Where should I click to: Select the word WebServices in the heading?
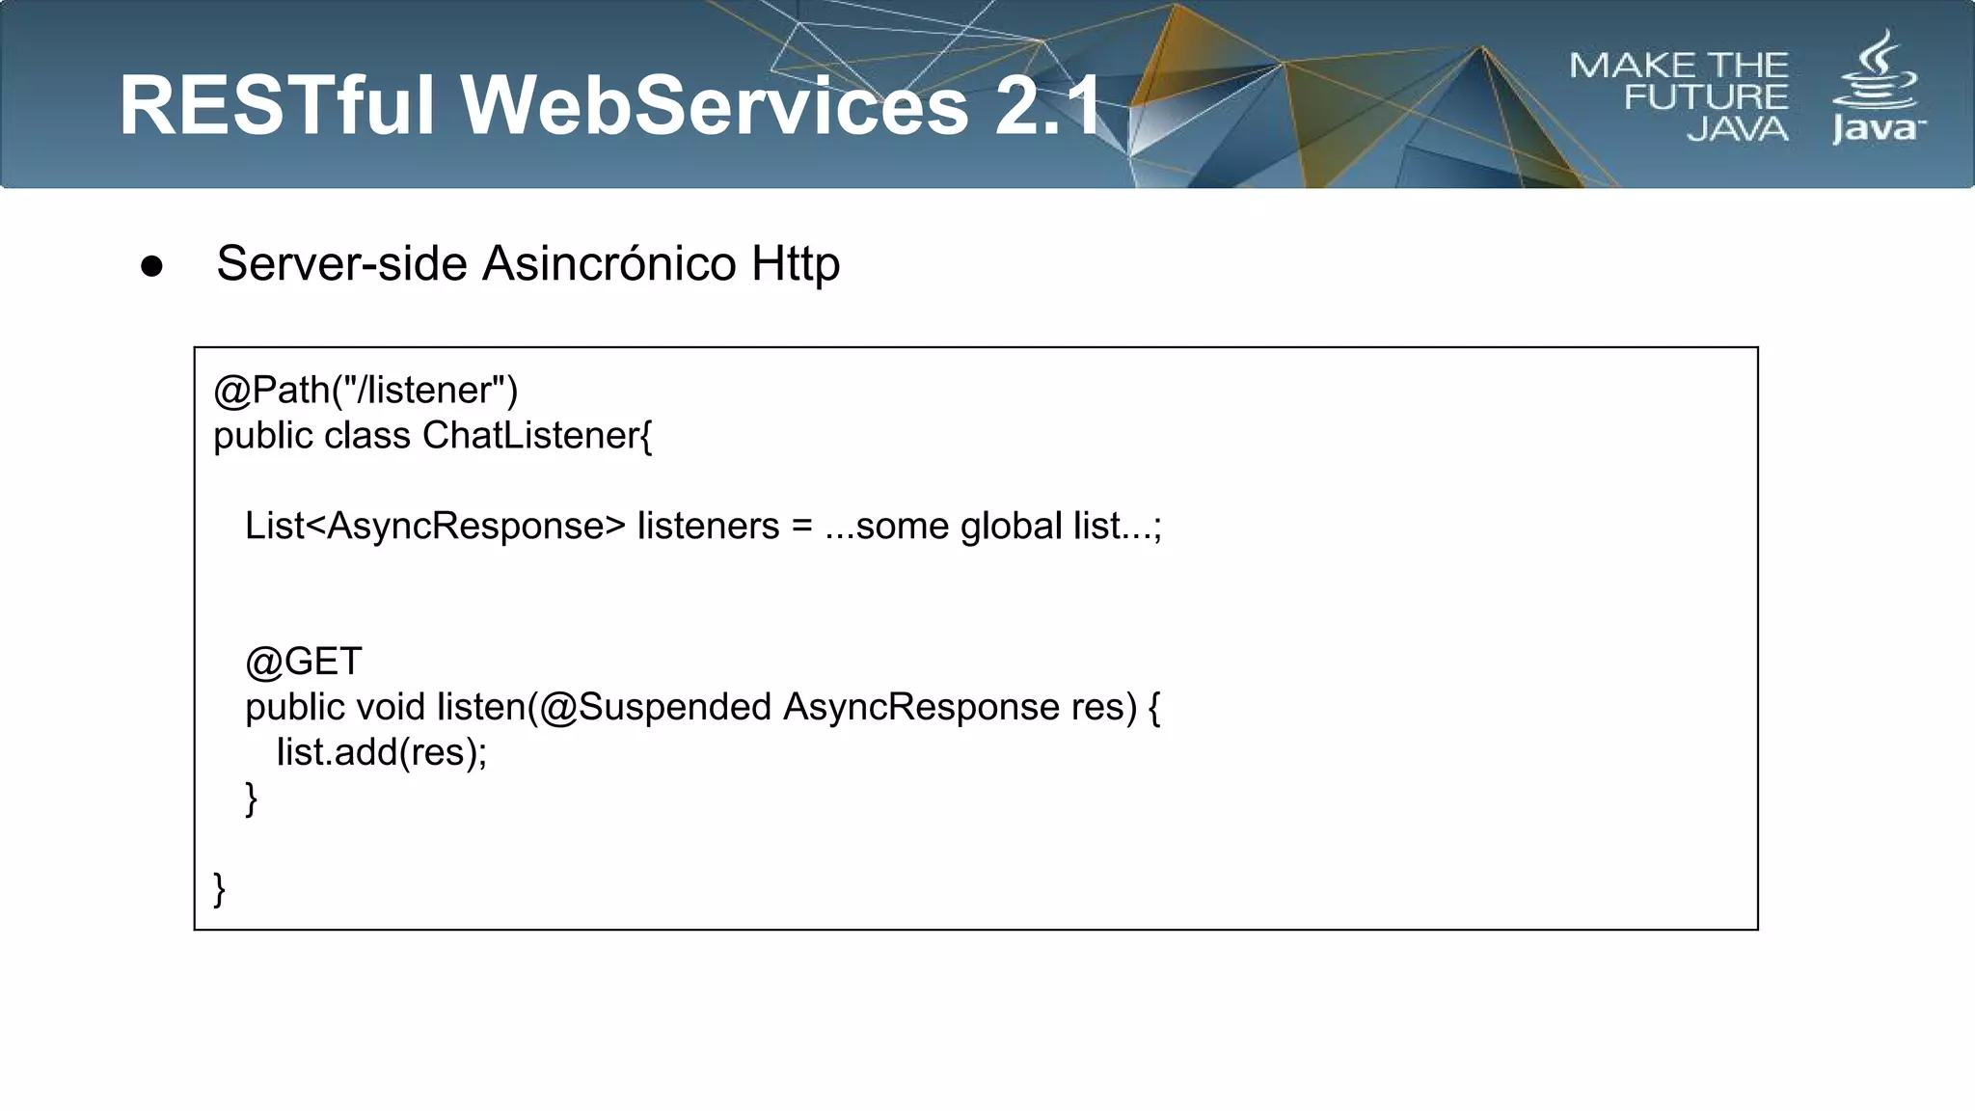[715, 105]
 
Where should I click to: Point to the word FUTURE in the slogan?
[1705, 97]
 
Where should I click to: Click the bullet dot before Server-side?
[151, 266]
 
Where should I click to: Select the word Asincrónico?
[609, 263]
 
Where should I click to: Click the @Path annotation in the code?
[271, 391]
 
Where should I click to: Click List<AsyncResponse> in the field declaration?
[435, 527]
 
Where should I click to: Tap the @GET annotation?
[304, 662]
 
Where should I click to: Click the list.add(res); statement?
[382, 752]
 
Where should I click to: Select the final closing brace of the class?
[220, 888]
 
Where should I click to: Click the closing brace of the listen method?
[252, 799]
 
